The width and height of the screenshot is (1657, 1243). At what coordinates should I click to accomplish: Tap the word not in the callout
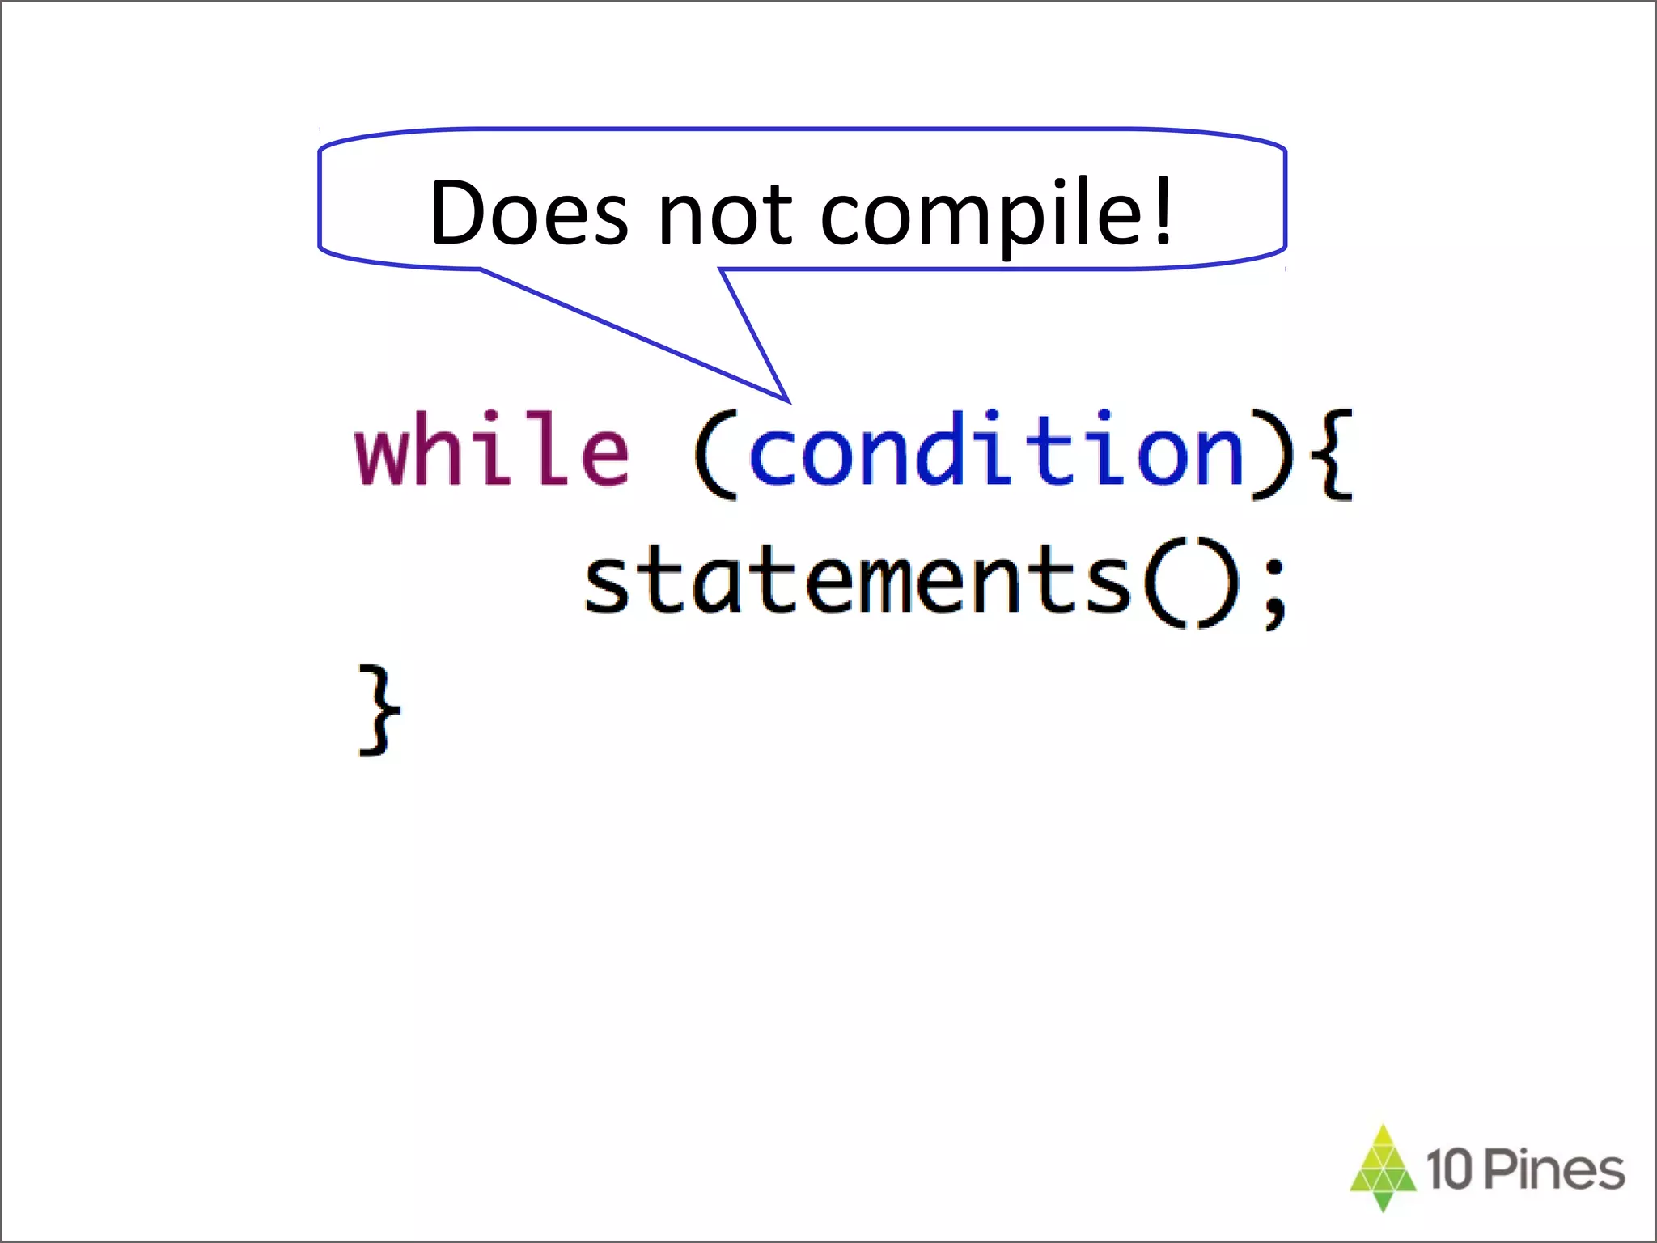[725, 214]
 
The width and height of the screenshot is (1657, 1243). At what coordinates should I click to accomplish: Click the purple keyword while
[492, 448]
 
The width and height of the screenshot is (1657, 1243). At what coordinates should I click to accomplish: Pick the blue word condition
[996, 450]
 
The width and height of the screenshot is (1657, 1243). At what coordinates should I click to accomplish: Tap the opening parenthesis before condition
[714, 454]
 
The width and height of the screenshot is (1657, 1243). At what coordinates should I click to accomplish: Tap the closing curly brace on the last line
[379, 710]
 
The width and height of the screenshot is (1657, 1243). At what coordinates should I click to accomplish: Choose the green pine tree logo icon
[1383, 1166]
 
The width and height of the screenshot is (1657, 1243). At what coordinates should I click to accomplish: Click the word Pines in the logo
[1555, 1169]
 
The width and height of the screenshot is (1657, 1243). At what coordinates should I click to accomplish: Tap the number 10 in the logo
[1449, 1169]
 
